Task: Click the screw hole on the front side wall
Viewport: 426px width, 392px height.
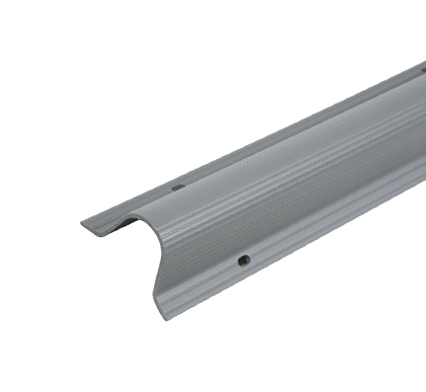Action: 243,261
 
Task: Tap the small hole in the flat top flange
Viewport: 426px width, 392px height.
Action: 178,186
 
